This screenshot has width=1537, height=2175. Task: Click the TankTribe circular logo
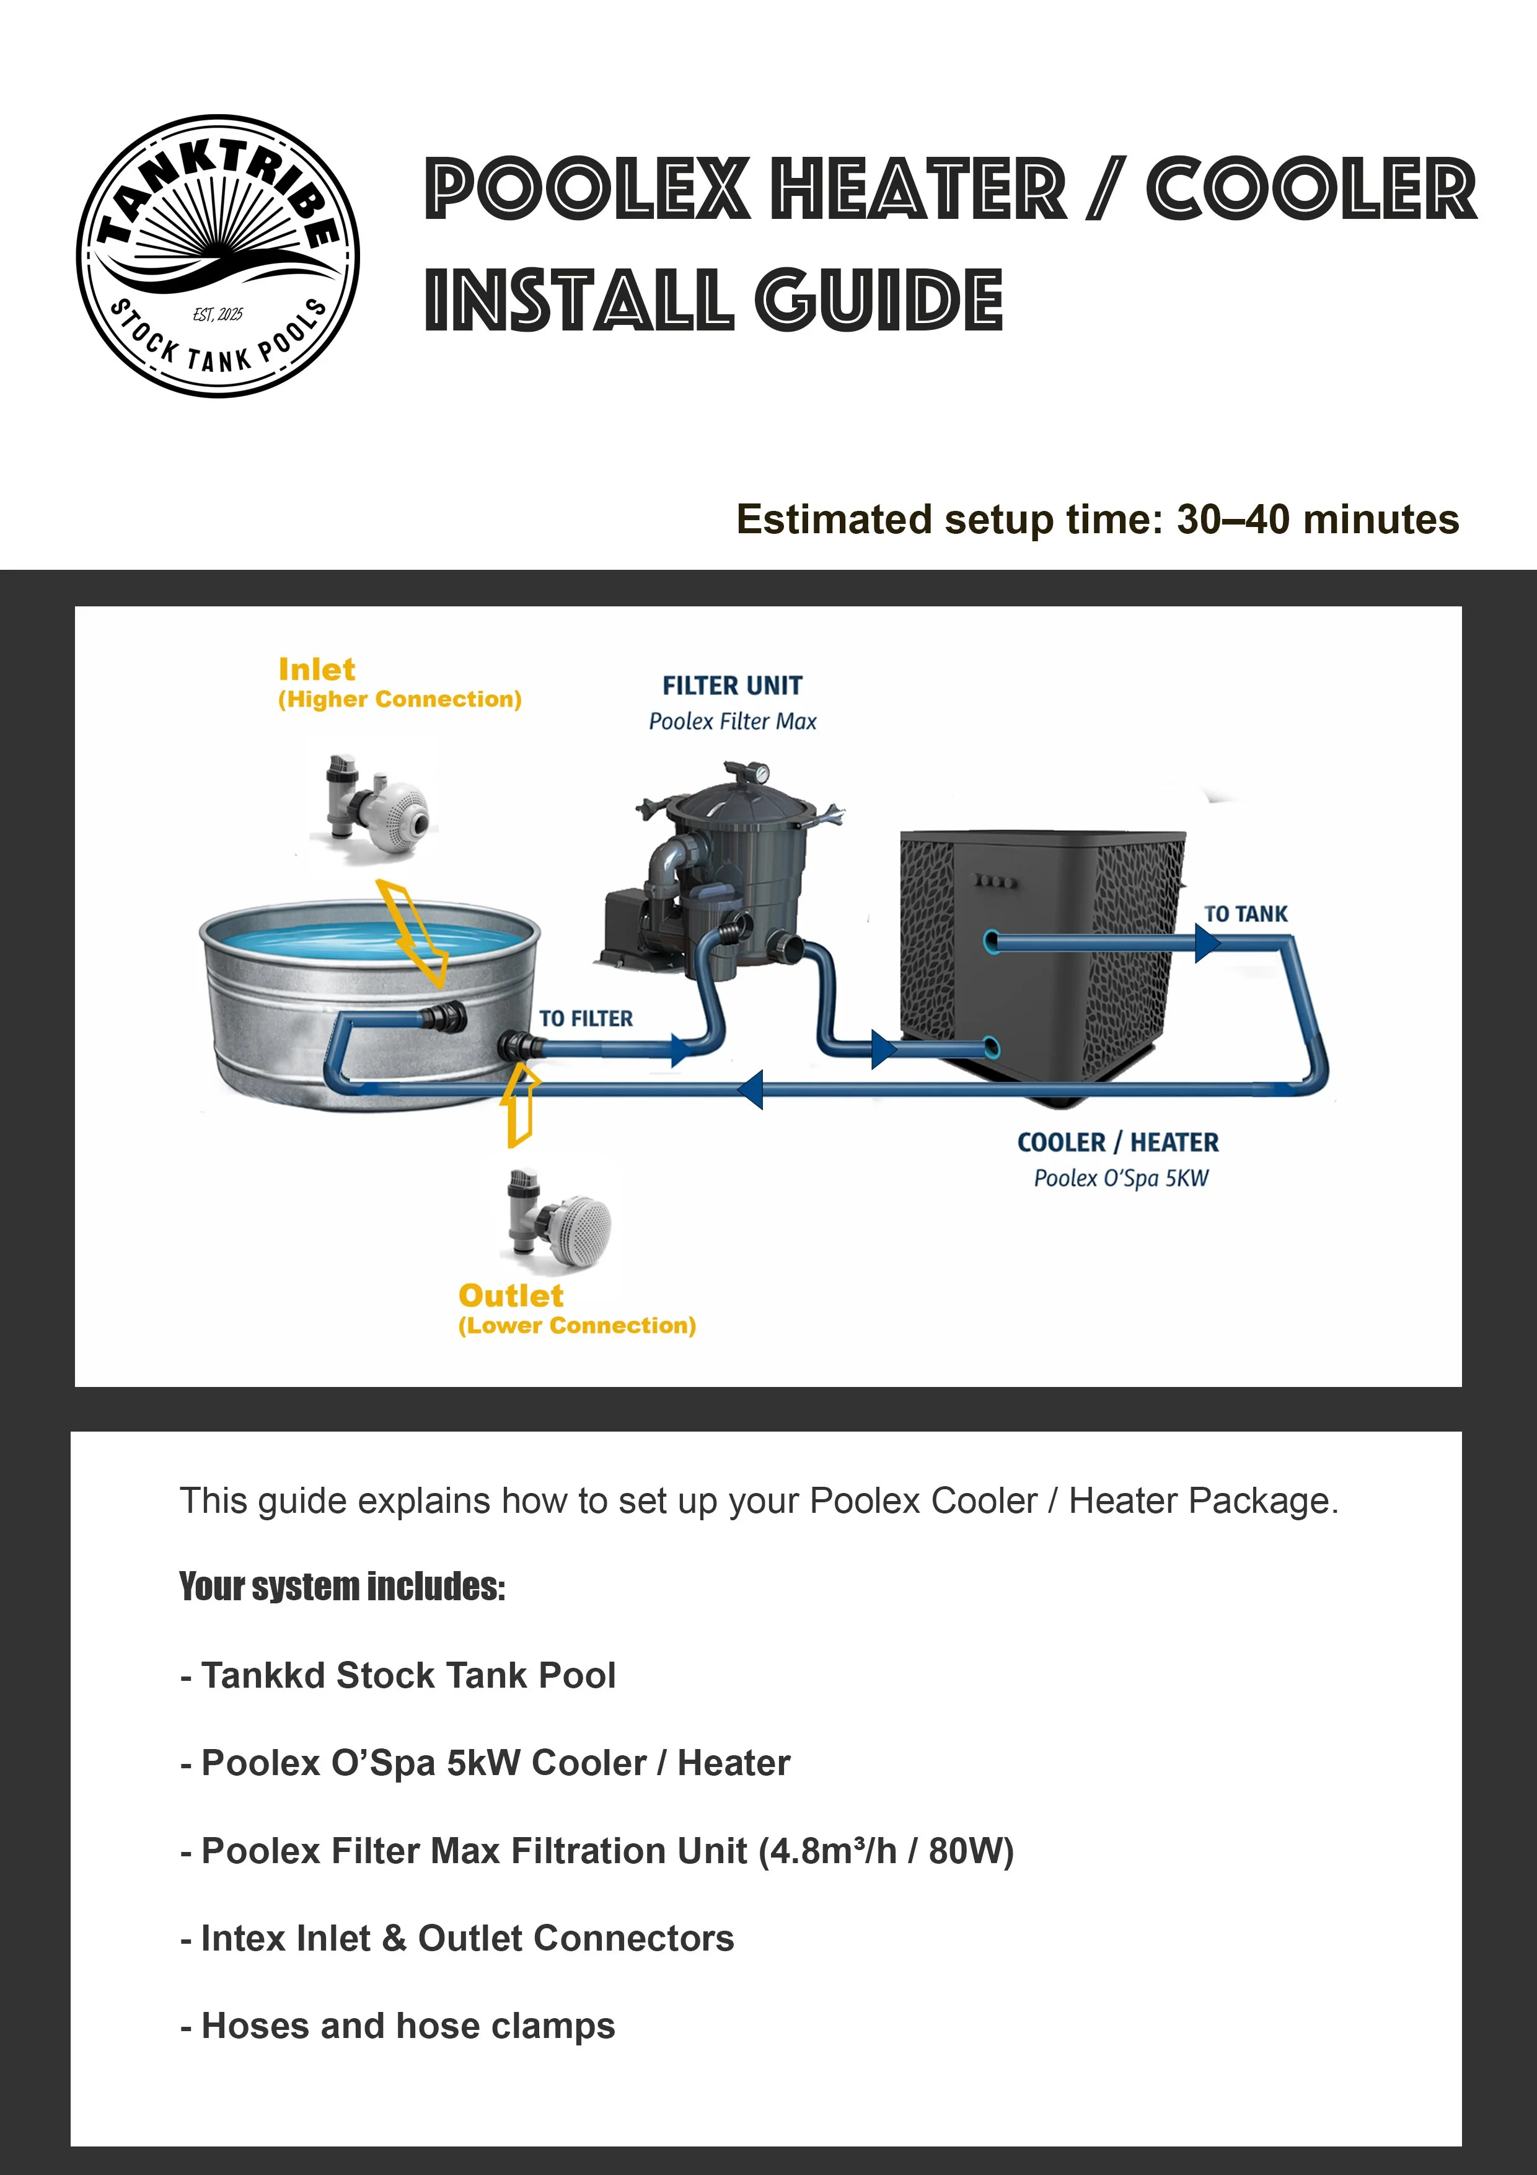218,257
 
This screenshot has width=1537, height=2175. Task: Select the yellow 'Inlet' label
316,670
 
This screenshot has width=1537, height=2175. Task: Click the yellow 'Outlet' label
511,1296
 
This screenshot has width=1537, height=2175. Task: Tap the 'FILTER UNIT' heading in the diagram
732,686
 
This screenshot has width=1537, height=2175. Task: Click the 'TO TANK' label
1245,914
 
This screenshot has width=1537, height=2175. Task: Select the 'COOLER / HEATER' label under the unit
1117,1143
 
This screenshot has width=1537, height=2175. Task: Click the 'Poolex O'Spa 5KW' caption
1121,1179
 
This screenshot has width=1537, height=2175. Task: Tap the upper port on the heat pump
990,942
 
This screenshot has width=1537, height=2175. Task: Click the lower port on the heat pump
990,1048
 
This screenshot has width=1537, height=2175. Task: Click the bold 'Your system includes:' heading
343,1587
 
